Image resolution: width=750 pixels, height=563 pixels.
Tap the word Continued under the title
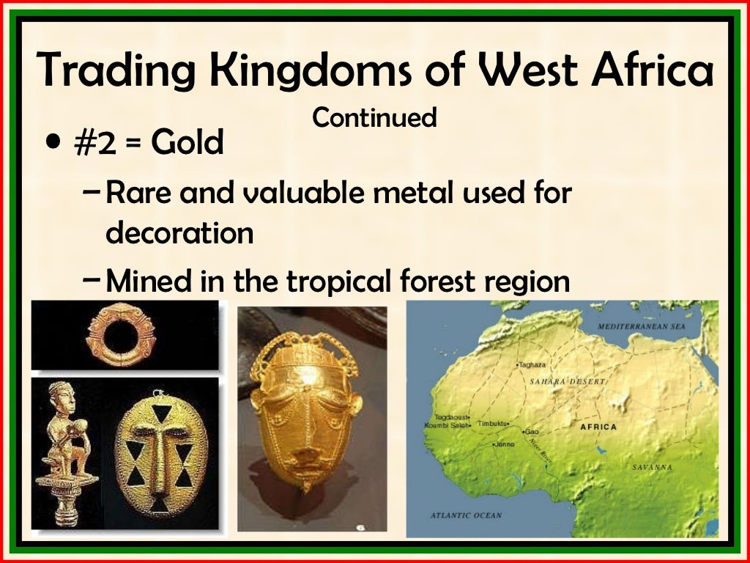(x=374, y=117)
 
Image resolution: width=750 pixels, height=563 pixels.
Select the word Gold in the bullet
(x=187, y=143)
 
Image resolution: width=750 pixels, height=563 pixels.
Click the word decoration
(x=179, y=233)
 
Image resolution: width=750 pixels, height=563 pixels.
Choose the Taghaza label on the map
(x=532, y=364)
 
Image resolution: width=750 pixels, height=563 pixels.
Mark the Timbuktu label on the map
(x=494, y=424)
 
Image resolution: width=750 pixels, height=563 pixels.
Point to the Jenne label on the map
(x=505, y=444)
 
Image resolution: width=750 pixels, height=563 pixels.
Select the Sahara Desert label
(x=566, y=382)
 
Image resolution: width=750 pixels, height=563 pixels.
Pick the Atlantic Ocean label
(x=466, y=515)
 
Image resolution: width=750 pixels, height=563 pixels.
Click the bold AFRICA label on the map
(x=598, y=427)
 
